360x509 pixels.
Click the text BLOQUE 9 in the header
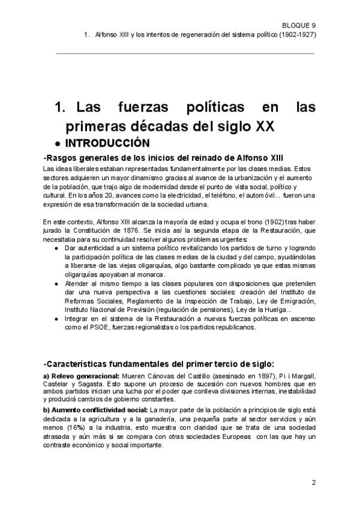299,25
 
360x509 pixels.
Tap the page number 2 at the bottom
313,483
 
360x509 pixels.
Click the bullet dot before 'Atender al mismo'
56,284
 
